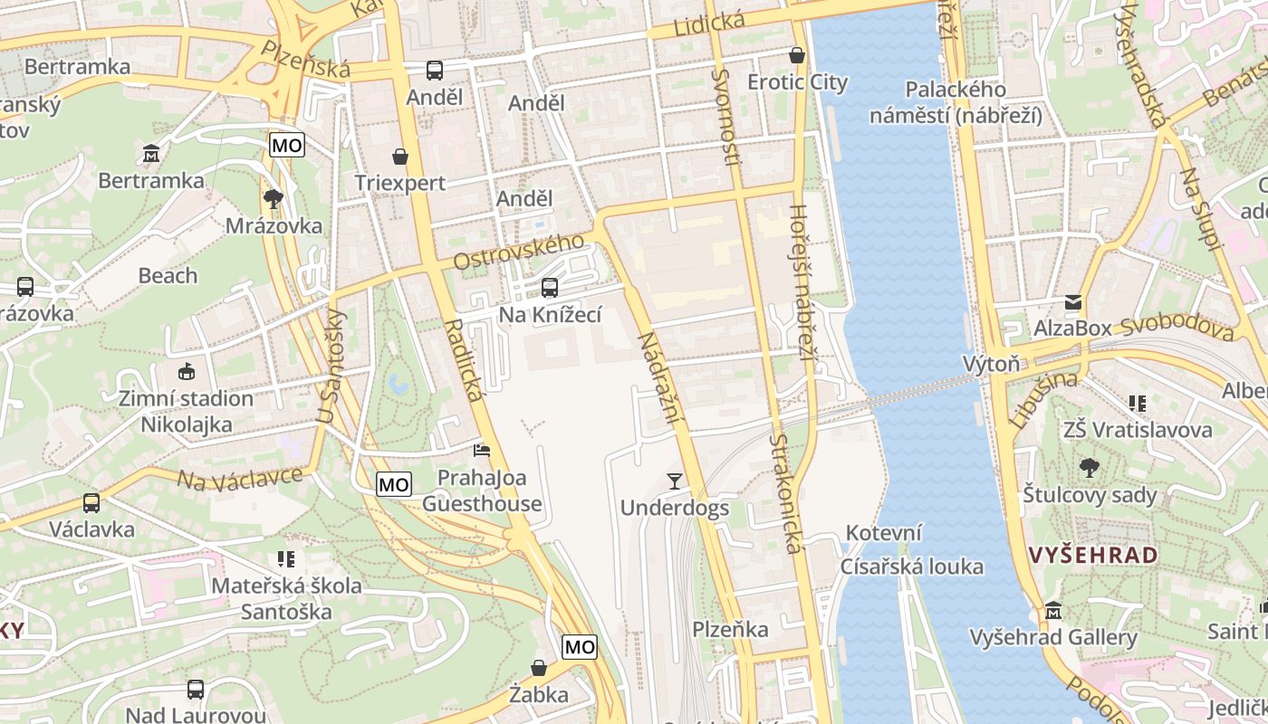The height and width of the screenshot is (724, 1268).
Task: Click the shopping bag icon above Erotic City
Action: [x=797, y=55]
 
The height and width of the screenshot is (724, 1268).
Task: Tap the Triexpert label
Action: [x=399, y=183]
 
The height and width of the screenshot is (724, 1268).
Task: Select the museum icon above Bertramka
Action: [x=151, y=153]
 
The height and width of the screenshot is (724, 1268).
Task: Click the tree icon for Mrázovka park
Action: [x=273, y=198]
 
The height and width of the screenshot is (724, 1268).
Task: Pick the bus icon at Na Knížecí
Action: [x=549, y=288]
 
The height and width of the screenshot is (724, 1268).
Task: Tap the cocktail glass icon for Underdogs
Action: [x=674, y=481]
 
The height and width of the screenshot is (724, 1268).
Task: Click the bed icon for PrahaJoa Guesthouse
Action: [x=482, y=450]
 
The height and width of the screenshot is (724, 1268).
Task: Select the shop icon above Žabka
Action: [x=539, y=668]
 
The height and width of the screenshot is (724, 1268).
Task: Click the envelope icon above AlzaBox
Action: [x=1073, y=301]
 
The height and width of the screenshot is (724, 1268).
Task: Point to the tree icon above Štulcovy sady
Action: [x=1090, y=468]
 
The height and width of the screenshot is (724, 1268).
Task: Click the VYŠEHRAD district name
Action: [x=1094, y=555]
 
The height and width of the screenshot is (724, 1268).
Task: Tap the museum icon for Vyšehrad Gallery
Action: [x=1052, y=611]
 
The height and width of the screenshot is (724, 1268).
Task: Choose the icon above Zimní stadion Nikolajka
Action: [x=187, y=371]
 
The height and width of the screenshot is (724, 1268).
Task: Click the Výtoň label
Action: [x=991, y=364]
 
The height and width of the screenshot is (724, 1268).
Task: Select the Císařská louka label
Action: [x=911, y=567]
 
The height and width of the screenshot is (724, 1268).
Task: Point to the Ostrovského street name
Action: [x=518, y=252]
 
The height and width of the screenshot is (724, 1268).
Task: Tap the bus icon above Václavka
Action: [x=91, y=502]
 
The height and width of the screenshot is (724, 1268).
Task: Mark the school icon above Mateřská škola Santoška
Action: [x=286, y=558]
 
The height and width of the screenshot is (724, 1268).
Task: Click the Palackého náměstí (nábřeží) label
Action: [x=956, y=102]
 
